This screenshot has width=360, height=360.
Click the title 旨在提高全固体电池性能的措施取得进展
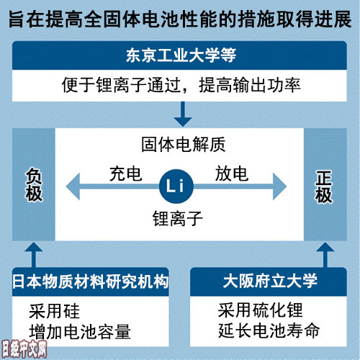(x=180, y=19)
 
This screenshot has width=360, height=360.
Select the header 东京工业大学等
(x=181, y=55)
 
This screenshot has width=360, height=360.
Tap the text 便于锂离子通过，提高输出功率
(x=181, y=85)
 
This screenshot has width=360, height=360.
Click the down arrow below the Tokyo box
(x=183, y=114)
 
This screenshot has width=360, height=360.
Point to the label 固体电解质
(x=184, y=144)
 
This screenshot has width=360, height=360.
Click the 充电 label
(x=125, y=174)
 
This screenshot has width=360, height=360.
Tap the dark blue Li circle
(x=176, y=186)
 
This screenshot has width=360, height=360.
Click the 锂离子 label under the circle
(x=178, y=218)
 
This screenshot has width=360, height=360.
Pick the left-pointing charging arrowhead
(x=73, y=186)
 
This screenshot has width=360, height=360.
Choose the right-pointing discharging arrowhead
(x=280, y=186)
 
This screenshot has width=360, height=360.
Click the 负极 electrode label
(x=34, y=184)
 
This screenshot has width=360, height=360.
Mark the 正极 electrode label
(x=324, y=186)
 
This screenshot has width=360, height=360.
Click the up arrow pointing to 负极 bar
(x=34, y=255)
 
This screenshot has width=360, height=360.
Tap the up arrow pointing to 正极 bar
(x=325, y=255)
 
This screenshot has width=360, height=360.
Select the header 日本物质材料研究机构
(x=91, y=282)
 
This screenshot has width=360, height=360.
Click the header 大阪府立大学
(x=270, y=281)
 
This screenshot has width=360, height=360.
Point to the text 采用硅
(x=54, y=311)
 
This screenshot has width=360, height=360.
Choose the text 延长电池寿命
(x=269, y=330)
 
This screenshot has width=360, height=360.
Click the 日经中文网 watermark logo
(x=24, y=348)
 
